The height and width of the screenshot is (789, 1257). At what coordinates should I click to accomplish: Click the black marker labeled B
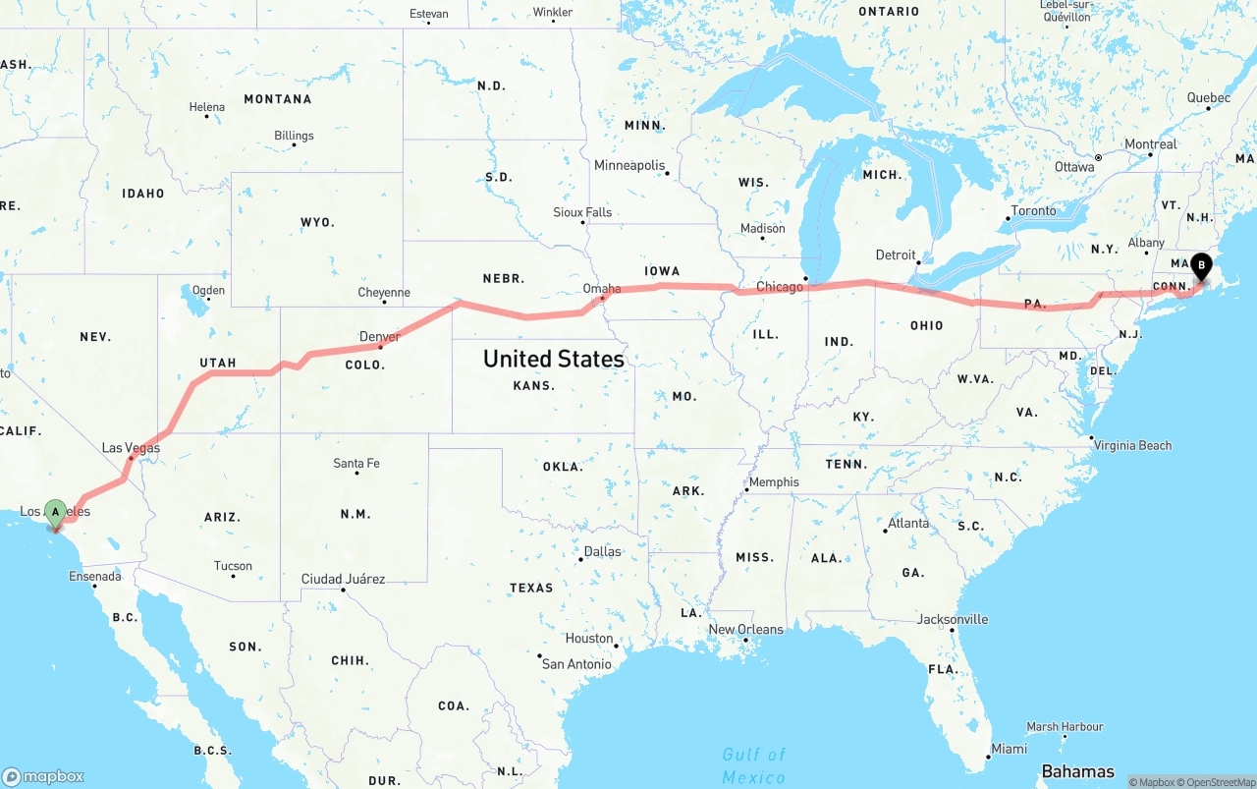[x=1201, y=265]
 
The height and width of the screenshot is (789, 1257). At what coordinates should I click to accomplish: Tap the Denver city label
[x=379, y=337]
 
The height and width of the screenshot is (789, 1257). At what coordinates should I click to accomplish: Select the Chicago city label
[x=780, y=287]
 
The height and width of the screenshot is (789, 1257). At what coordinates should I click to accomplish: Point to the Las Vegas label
[x=131, y=448]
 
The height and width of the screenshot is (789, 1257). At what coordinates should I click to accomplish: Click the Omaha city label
[x=601, y=289]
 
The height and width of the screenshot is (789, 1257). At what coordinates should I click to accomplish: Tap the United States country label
[x=553, y=359]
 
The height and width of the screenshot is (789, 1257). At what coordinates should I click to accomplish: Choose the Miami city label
[x=1009, y=749]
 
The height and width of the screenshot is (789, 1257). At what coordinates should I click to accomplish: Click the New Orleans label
[x=745, y=629]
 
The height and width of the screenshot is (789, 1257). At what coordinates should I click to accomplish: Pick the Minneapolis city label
[x=629, y=165]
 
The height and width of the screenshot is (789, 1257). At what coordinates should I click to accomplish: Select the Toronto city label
[x=1033, y=210]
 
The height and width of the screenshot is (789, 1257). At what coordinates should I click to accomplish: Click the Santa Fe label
[x=355, y=463]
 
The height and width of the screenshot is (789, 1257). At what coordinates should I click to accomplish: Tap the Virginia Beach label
[x=1133, y=445]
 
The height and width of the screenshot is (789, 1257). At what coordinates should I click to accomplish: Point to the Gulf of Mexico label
[x=753, y=765]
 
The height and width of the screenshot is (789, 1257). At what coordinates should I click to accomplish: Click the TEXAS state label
[x=531, y=588]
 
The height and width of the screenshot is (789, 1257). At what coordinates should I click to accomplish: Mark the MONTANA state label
[x=277, y=99]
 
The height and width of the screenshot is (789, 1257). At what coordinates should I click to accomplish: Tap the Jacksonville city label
[x=953, y=619]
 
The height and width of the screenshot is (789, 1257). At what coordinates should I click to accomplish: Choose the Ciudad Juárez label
[x=343, y=579]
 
